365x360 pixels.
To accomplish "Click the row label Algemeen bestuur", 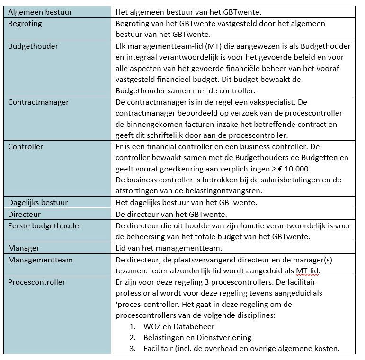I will [x=40, y=12].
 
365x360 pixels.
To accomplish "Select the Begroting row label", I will [x=25, y=23].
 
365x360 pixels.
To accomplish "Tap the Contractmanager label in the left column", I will [x=38, y=102].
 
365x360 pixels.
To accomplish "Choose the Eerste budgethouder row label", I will [x=45, y=225].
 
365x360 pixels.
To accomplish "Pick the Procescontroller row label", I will [x=37, y=282].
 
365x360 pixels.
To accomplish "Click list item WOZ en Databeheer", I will [x=178, y=327].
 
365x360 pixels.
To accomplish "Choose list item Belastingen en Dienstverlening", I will [x=197, y=338].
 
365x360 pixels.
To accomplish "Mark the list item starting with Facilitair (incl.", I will [x=241, y=349].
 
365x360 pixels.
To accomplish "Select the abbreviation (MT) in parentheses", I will [x=205, y=46].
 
